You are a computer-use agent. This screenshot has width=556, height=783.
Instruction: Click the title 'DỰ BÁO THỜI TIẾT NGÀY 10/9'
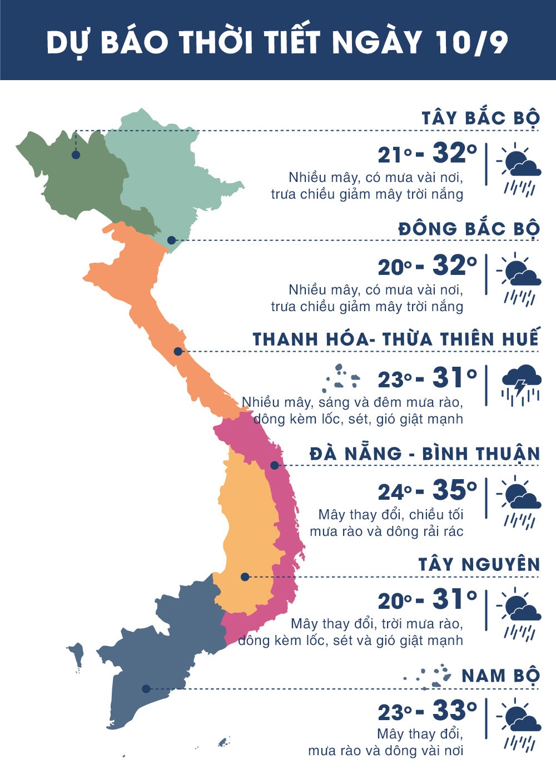click(277, 42)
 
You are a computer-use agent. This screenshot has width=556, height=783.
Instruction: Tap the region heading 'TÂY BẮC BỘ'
click(480, 119)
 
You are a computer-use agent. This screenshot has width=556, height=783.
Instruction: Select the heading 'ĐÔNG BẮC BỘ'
click(469, 229)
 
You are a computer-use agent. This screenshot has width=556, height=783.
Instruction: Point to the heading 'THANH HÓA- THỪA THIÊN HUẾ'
click(395, 339)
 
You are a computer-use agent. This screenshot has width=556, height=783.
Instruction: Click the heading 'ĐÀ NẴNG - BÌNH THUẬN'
click(425, 454)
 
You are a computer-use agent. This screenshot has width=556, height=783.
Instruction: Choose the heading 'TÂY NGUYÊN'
click(479, 565)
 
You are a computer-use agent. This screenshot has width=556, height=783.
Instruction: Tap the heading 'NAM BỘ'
click(500, 676)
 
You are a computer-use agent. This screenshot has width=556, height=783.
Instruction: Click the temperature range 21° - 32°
click(427, 153)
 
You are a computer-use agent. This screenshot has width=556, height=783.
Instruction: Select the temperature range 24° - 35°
click(427, 490)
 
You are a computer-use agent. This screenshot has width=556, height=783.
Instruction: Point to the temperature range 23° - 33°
click(427, 711)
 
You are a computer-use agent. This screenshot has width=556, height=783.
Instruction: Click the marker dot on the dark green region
click(76, 155)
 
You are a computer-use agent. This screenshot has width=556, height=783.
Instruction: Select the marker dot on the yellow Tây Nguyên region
click(245, 577)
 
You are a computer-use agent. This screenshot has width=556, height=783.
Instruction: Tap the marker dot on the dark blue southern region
click(146, 688)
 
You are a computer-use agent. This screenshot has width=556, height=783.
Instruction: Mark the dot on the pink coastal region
click(274, 465)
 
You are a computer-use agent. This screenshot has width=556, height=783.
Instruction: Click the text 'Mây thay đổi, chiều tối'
click(390, 515)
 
